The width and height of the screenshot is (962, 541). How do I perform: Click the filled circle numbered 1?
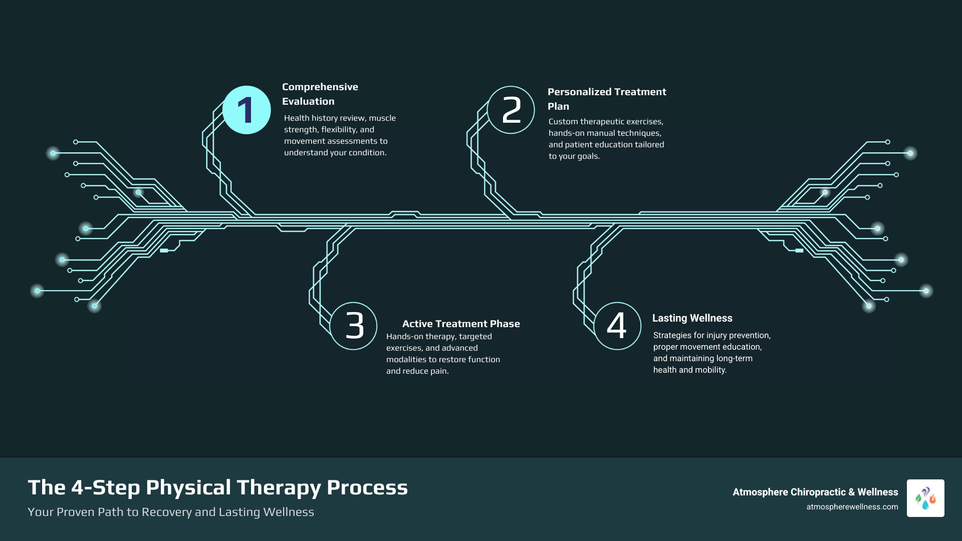[247, 110]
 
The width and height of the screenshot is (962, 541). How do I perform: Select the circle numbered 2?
[511, 110]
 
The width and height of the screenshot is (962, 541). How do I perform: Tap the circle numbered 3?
[354, 326]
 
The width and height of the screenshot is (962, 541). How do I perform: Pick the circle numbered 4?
[617, 326]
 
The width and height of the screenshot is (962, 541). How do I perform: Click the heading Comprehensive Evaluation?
[320, 94]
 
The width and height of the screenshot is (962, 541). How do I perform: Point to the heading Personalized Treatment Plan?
[606, 99]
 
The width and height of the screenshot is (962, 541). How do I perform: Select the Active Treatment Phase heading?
[461, 324]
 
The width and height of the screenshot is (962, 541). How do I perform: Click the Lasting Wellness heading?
[692, 318]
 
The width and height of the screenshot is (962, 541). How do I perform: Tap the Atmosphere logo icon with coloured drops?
[925, 498]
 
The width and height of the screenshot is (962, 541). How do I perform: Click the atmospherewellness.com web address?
[852, 507]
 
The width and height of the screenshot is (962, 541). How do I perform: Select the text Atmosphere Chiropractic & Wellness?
[815, 492]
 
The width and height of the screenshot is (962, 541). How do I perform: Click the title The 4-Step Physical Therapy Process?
[217, 487]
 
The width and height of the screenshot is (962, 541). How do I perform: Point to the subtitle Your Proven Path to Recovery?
[170, 512]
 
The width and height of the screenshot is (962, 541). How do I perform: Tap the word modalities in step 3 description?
[407, 360]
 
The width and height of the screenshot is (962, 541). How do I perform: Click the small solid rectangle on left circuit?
[164, 250]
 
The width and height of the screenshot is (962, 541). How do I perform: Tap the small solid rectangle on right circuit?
[799, 250]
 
